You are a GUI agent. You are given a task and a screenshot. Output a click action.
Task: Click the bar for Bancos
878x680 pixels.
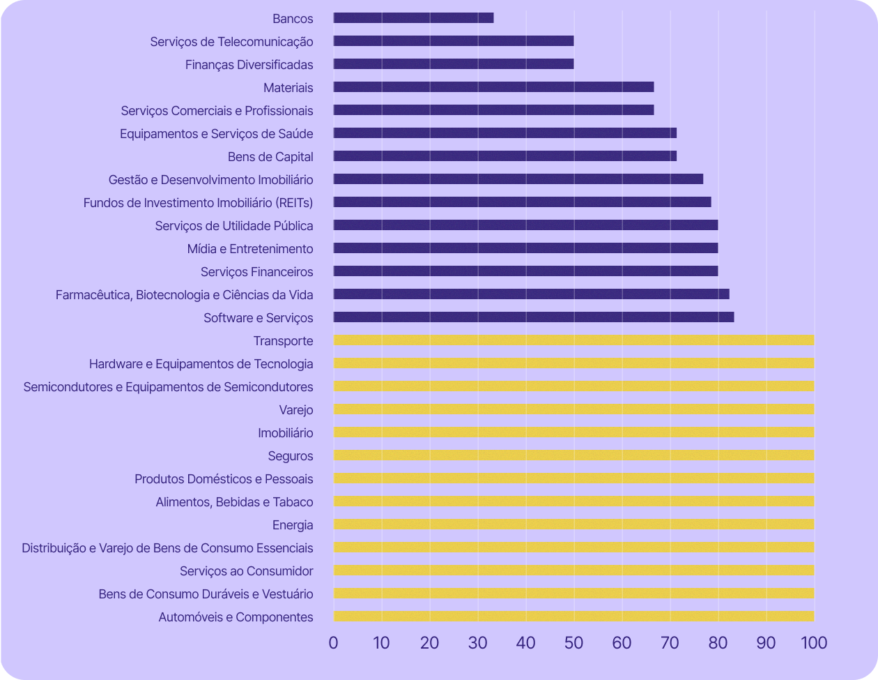(x=413, y=18)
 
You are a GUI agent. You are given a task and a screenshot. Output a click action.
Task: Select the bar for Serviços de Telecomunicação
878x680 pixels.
(x=454, y=41)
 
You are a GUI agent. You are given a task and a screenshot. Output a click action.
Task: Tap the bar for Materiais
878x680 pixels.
(x=493, y=87)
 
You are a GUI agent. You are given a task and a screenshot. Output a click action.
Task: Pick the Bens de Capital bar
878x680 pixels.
(x=505, y=156)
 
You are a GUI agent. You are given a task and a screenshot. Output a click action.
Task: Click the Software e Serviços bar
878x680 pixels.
(x=534, y=317)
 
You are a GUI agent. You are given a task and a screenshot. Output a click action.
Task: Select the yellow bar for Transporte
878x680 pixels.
(x=573, y=340)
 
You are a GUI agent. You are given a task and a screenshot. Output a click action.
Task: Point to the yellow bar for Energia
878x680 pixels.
(x=573, y=524)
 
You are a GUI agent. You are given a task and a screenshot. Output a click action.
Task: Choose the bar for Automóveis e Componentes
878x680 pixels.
(x=573, y=617)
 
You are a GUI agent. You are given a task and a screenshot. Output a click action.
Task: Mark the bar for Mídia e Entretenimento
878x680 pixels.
(x=525, y=248)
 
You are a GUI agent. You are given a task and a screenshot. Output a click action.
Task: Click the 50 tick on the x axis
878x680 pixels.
(x=573, y=642)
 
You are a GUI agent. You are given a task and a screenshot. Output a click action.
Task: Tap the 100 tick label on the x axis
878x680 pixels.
(x=814, y=642)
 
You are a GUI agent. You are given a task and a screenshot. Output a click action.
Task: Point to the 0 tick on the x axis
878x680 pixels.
(x=333, y=642)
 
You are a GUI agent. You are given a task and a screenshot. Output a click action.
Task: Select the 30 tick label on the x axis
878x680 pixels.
(x=477, y=642)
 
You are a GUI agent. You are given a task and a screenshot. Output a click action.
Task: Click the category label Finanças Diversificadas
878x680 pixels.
(x=249, y=65)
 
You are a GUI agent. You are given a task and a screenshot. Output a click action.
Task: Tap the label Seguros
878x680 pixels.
(x=291, y=456)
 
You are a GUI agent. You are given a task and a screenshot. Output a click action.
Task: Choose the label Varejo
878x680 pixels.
(x=296, y=409)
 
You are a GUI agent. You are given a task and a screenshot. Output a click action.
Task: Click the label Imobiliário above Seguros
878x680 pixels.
(x=285, y=433)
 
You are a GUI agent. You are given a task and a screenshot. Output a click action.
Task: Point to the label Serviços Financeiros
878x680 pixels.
(x=256, y=272)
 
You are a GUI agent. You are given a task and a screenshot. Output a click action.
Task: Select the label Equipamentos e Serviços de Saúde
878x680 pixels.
(x=216, y=134)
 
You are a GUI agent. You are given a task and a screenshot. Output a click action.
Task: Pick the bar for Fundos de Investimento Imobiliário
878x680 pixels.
(x=522, y=202)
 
